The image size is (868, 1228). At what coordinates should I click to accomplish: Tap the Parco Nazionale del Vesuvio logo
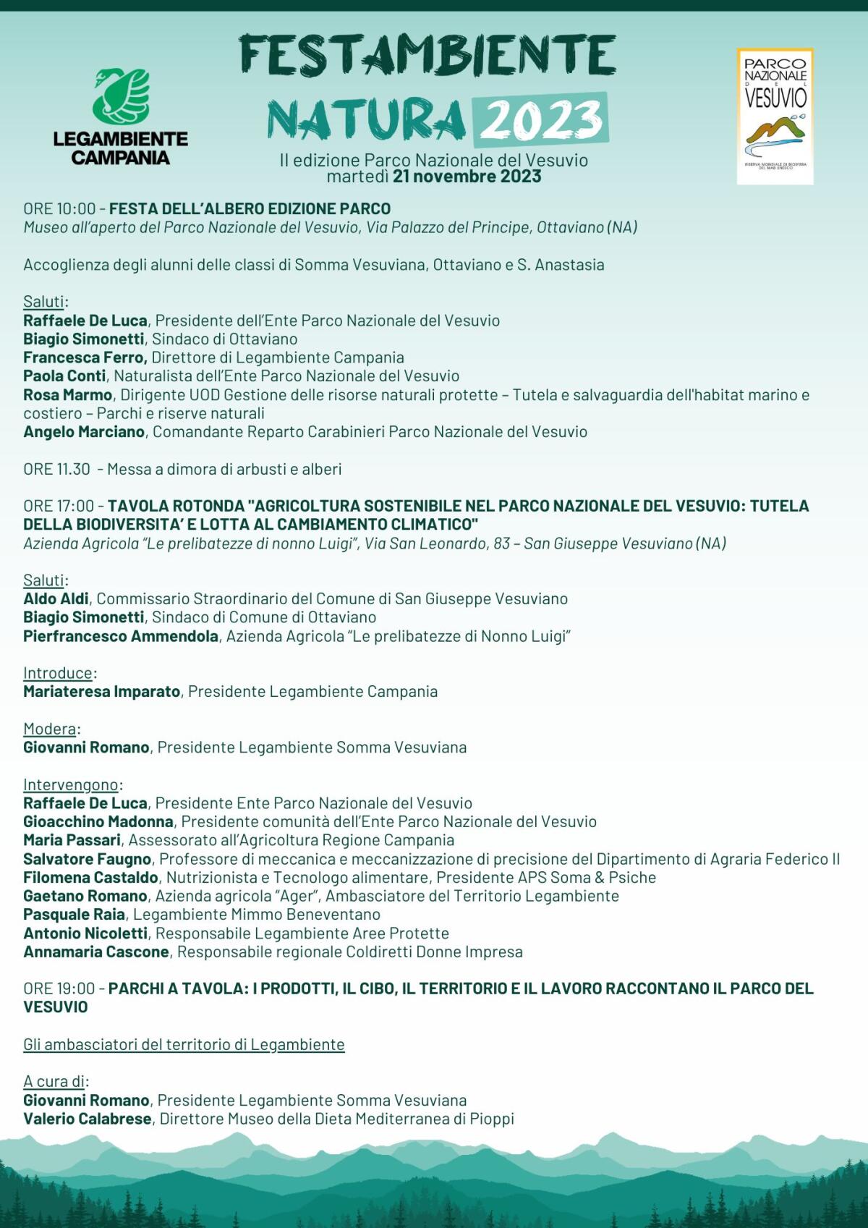(775, 116)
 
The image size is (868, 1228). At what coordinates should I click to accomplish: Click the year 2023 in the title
(540, 119)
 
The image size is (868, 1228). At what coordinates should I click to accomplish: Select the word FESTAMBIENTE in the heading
(427, 57)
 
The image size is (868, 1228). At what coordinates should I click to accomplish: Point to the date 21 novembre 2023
(467, 177)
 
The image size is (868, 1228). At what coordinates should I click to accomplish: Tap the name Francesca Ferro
(85, 357)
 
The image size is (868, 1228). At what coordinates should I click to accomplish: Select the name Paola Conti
(64, 376)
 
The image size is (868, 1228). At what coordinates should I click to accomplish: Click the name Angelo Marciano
(84, 432)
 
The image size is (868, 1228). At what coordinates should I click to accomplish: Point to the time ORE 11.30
(56, 469)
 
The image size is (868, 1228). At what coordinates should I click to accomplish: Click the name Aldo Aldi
(56, 599)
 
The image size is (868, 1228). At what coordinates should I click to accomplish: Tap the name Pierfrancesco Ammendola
(120, 637)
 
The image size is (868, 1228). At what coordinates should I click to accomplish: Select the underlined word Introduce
(58, 673)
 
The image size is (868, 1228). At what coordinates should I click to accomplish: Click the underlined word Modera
(49, 729)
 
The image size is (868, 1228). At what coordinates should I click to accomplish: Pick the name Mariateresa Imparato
(101, 692)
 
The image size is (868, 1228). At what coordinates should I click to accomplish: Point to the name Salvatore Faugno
(87, 859)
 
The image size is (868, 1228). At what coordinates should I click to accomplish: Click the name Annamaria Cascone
(95, 952)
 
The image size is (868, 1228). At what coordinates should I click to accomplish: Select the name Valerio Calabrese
(87, 1119)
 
